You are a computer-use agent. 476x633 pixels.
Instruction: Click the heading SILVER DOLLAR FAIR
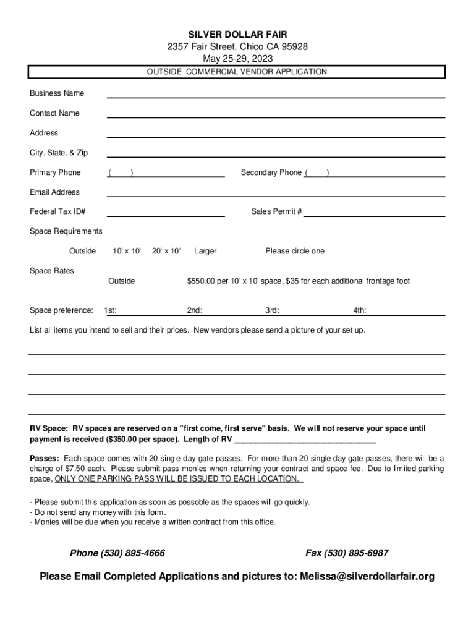click(x=238, y=34)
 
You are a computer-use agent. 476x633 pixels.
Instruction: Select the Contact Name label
click(x=54, y=113)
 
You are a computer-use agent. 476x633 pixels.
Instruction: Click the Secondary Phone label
click(x=271, y=172)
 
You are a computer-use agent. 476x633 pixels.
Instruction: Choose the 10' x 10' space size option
click(x=127, y=251)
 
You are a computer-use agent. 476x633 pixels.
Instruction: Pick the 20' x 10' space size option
click(x=166, y=251)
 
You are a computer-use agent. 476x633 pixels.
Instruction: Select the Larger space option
click(x=205, y=251)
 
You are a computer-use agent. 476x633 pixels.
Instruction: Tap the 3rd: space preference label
click(x=272, y=310)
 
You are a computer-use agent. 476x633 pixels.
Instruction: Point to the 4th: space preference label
click(x=360, y=310)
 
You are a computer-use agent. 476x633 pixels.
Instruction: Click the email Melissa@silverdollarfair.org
click(x=367, y=577)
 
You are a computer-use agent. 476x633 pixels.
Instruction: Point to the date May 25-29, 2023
click(x=238, y=59)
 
